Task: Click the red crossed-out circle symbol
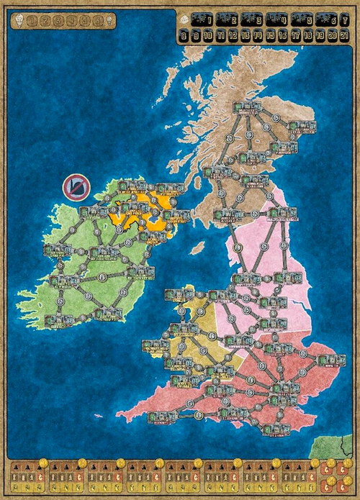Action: (75, 188)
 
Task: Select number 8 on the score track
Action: (185, 35)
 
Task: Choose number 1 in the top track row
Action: (207, 20)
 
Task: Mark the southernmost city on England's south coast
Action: (275, 429)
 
